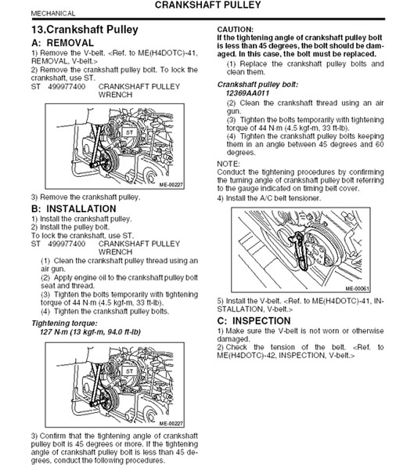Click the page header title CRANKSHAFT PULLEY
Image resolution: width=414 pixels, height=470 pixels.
(207, 5)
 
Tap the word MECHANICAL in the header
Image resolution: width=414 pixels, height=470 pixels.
(53, 13)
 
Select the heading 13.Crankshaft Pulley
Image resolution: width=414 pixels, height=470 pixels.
(85, 30)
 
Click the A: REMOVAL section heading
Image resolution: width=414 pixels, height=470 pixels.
(63, 43)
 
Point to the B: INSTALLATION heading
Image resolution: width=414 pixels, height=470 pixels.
(74, 208)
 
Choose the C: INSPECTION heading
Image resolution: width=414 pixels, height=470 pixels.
(254, 320)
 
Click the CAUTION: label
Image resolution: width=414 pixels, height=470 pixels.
(235, 30)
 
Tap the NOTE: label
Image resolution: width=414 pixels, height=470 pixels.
(229, 164)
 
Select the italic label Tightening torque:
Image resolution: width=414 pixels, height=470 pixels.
(64, 324)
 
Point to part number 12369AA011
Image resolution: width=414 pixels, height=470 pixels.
(247, 93)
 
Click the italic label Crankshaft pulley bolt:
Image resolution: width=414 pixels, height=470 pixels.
(257, 85)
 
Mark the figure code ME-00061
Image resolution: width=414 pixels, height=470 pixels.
(358, 288)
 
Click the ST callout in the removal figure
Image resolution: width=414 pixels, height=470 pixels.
(129, 132)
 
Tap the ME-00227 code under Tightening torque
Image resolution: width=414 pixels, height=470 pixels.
(171, 424)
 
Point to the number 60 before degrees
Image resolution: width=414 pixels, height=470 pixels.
(380, 144)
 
